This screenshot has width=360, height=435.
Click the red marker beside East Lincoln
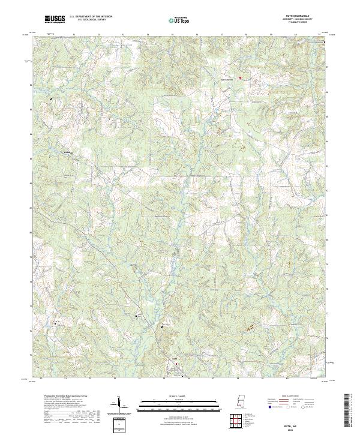[x=240, y=77]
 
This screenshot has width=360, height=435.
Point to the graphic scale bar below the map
[x=171, y=403]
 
